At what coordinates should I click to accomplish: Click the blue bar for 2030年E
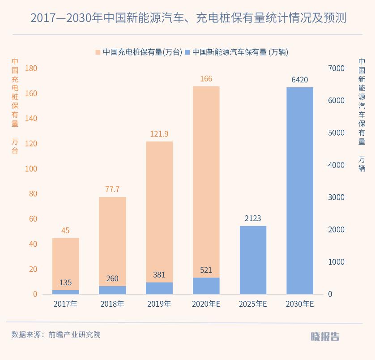coord(300,190)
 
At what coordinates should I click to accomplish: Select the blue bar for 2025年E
coord(253,260)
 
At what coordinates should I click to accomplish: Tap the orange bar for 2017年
coord(65,263)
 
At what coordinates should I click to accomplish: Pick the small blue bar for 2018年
coord(112,290)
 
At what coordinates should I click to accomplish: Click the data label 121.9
coord(159,134)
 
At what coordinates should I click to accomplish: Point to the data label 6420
coord(300,80)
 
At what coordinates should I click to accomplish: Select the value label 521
coord(206,270)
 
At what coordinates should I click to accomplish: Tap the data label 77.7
coord(112,189)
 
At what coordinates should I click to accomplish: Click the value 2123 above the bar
coord(253,219)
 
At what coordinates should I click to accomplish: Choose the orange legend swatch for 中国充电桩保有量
coord(98,52)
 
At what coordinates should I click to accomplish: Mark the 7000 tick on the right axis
coord(337,68)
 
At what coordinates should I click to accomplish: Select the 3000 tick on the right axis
coord(337,197)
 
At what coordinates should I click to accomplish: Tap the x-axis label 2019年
coord(159,304)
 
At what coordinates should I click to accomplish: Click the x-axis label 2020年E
coord(206,304)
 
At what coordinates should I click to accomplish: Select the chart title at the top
coord(188,18)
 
